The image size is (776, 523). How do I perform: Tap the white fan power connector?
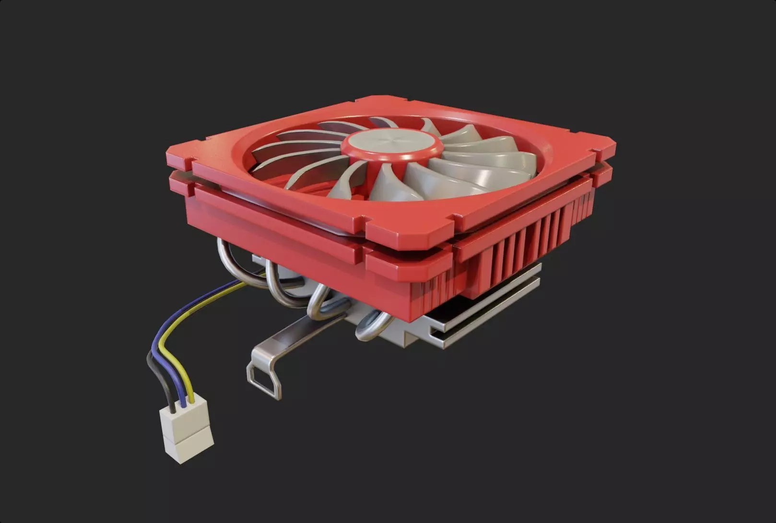(x=185, y=429)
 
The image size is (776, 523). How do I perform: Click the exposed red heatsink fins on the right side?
(x=528, y=240)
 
